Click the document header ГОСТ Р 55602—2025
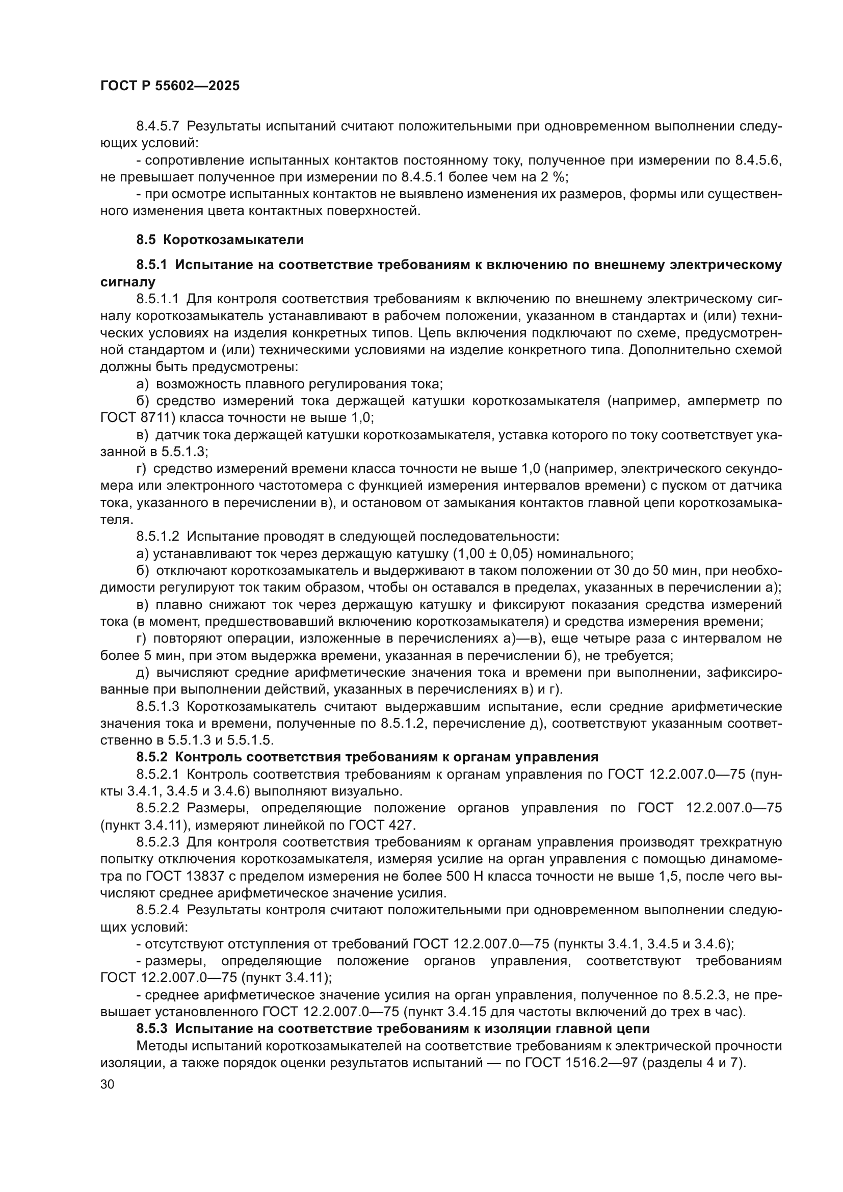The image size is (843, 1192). [x=170, y=86]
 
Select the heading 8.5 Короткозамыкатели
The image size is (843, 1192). [x=220, y=240]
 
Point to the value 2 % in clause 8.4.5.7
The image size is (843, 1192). [x=551, y=177]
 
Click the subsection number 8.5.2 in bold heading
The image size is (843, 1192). [x=151, y=757]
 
